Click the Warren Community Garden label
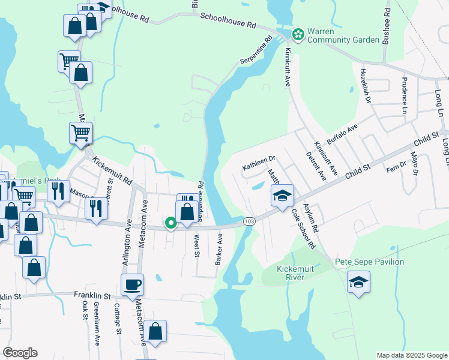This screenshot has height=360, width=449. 344,36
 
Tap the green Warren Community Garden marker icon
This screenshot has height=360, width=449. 298,33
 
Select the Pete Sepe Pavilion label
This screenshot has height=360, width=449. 369,262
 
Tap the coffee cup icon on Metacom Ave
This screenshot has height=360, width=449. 132,284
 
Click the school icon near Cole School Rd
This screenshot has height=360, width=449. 282,195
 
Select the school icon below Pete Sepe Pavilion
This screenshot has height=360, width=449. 358,282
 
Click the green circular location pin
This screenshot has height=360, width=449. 170,224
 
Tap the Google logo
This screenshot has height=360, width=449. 20,353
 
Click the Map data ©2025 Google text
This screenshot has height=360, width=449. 411,355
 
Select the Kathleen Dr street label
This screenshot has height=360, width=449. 258,162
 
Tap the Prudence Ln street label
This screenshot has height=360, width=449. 405,95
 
